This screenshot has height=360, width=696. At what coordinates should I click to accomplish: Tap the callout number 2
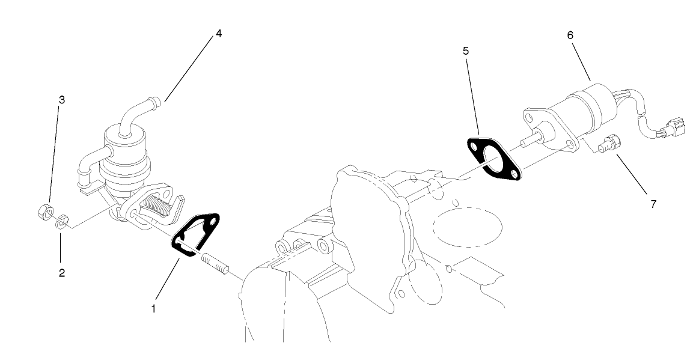click(x=62, y=273)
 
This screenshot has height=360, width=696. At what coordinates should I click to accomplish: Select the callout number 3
click(x=62, y=100)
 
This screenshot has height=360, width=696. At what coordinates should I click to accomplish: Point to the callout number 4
click(x=219, y=34)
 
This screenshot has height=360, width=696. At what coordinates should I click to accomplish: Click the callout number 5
click(x=466, y=50)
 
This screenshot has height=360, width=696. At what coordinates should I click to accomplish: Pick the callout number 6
click(x=570, y=35)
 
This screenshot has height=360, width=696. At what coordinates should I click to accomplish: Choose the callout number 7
click(x=653, y=204)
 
